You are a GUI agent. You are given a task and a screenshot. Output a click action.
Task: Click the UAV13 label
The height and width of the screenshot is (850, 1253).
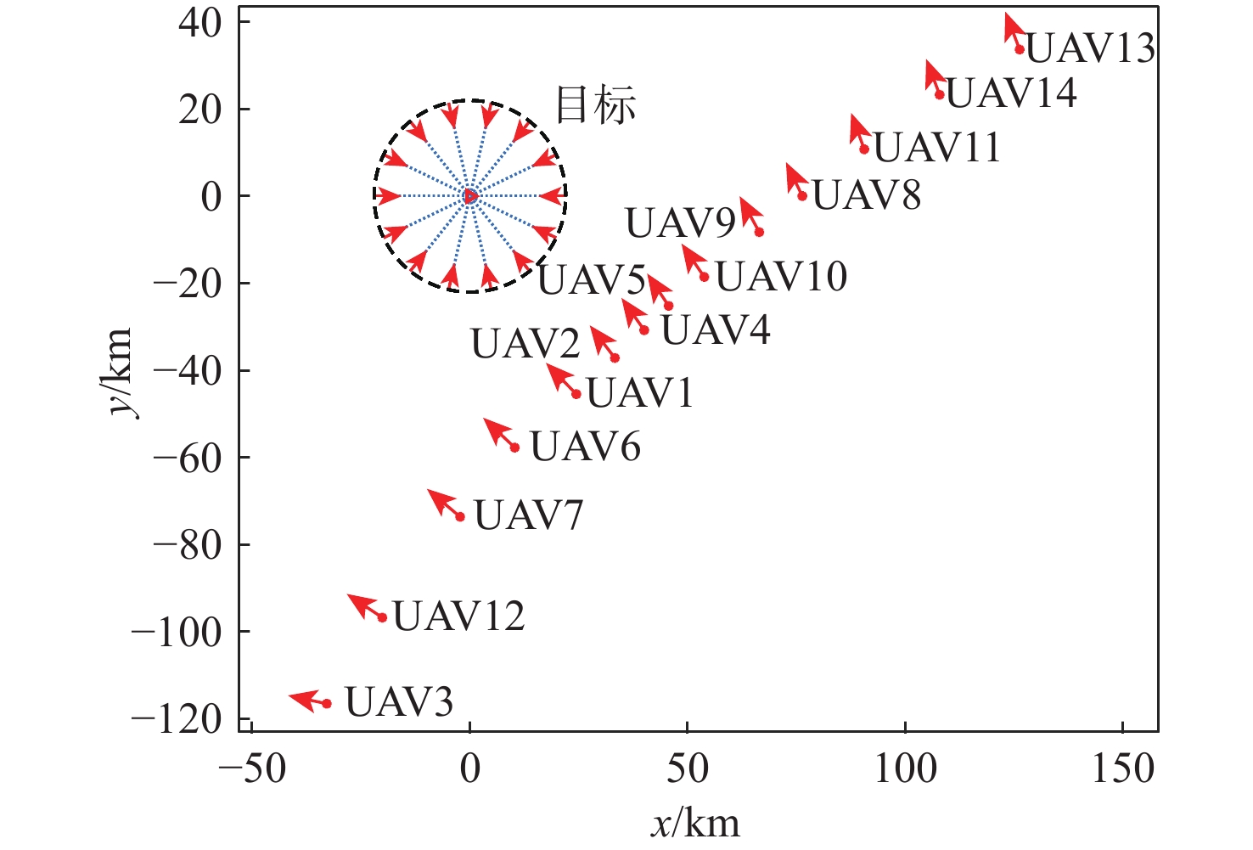point(1090,48)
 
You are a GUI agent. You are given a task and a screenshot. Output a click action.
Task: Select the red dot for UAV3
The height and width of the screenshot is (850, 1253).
point(327,703)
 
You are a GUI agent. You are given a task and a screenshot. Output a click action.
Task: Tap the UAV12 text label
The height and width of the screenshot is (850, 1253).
point(458,616)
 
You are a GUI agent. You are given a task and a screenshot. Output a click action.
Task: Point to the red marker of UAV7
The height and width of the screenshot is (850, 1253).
point(460,516)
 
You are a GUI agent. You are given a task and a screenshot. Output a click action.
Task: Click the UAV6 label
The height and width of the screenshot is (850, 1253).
point(585,447)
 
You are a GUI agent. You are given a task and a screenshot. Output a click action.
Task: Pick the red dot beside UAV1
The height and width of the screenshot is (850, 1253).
point(576,394)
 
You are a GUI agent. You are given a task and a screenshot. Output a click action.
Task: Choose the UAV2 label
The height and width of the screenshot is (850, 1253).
point(525,344)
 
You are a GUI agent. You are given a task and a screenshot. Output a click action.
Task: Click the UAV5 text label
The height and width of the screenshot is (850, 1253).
point(592,280)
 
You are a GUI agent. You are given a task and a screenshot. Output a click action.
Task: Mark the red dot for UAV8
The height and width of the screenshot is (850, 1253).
point(801,196)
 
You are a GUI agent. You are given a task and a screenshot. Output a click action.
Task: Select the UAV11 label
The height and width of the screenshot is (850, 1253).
point(937,148)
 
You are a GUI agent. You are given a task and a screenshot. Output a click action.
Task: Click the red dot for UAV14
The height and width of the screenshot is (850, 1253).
point(940,94)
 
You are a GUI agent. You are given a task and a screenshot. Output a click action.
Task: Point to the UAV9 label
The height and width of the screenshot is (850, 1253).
point(680,223)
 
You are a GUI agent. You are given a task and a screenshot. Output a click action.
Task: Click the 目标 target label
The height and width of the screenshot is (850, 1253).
point(595,106)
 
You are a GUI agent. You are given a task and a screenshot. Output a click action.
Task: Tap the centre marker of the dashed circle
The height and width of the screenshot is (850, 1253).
point(470,196)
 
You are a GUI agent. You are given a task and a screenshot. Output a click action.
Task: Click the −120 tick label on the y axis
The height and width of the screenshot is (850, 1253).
point(177,720)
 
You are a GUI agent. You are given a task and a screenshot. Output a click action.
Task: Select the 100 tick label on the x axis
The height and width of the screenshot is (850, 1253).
point(905,769)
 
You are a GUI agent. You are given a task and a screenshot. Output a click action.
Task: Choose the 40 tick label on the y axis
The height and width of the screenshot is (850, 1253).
point(199,23)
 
